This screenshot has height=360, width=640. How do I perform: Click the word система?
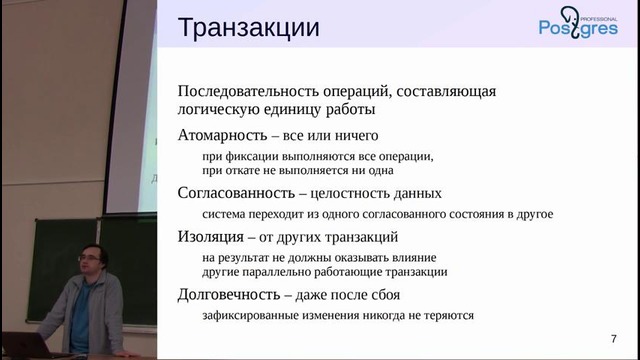pyautogui.click(x=225, y=214)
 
